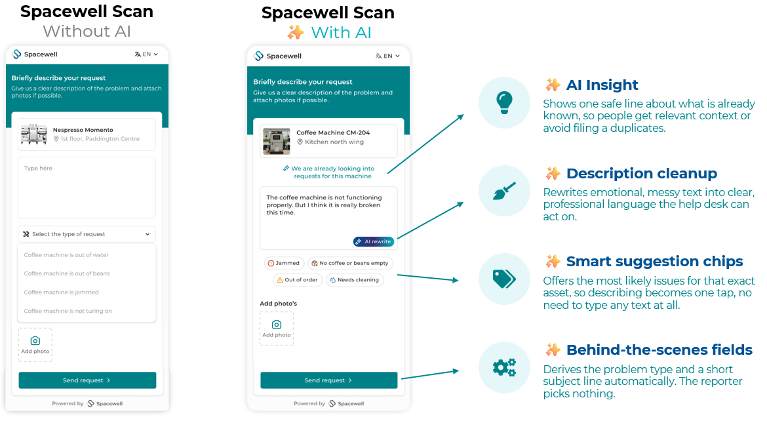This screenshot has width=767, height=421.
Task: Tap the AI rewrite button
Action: point(374,241)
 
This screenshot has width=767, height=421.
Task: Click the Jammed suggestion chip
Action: point(285,264)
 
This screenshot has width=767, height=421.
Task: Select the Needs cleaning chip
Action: point(355,280)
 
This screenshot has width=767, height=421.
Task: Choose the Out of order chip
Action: point(298,280)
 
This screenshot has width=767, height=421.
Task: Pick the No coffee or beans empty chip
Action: point(350,264)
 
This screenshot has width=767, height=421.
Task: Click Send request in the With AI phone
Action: point(328,380)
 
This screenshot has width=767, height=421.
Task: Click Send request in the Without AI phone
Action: point(87,380)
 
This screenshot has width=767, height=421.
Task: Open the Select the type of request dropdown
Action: point(87,234)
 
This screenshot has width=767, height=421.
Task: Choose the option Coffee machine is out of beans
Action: point(67,273)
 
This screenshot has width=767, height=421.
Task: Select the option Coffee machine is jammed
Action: point(62,292)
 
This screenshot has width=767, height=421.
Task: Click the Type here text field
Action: point(87,188)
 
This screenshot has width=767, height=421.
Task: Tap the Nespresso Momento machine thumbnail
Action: point(34,134)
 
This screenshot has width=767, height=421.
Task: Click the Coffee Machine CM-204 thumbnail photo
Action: point(277,141)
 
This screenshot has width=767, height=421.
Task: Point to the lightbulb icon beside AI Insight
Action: point(504,103)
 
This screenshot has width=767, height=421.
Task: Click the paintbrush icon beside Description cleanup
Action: point(504,191)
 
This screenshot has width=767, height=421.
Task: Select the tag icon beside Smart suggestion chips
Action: point(504,279)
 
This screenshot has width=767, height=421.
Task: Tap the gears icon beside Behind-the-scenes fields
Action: point(504,367)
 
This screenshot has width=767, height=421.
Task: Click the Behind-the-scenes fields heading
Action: point(659,350)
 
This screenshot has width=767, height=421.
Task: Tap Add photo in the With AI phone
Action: point(277,329)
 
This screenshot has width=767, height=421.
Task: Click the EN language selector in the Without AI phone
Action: point(146,54)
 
